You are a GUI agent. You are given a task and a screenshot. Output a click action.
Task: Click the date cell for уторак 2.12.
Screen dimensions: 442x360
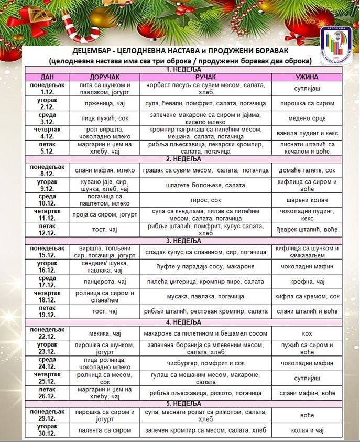click(48, 103)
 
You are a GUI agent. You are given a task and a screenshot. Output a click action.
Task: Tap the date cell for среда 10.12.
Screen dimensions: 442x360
click(48, 200)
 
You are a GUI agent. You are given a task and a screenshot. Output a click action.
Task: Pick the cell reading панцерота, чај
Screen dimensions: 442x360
click(103, 282)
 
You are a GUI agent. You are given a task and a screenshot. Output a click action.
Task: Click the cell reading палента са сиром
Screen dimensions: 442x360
click(103, 429)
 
